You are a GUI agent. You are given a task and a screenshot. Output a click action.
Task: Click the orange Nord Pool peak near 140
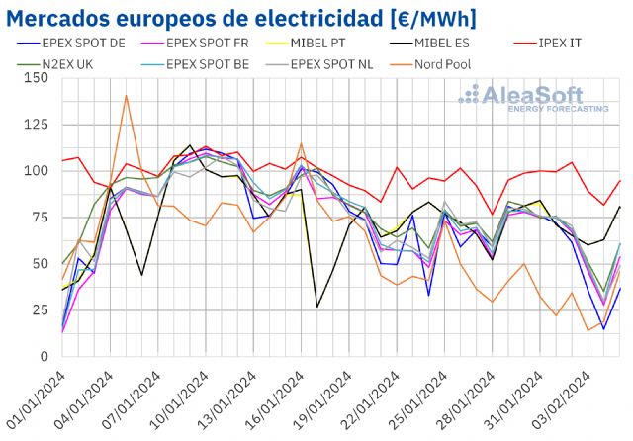coord(126,96)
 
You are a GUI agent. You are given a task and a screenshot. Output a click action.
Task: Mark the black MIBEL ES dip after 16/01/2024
coord(317,307)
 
